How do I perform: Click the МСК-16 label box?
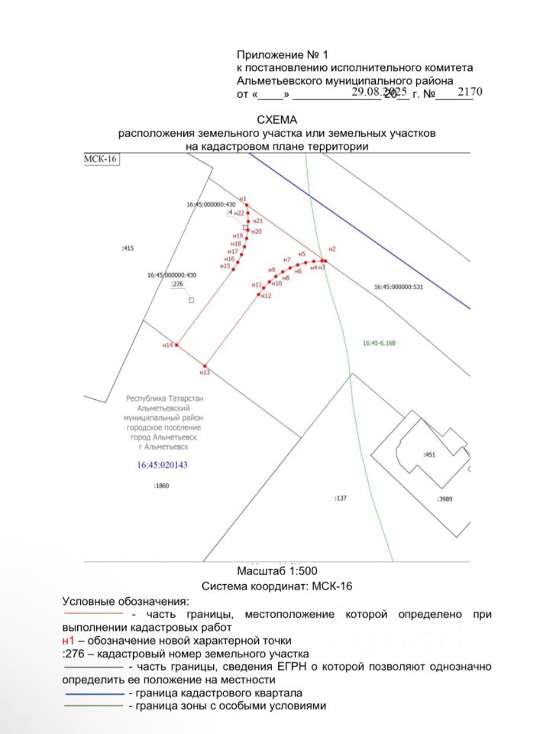101,159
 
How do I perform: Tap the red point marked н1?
247,203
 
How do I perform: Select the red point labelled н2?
325,260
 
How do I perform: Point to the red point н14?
176,345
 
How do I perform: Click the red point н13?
205,365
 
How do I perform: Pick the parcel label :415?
128,248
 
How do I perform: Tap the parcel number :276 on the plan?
177,284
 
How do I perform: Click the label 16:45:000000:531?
398,287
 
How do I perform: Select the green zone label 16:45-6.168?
379,343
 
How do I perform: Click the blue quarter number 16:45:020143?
161,465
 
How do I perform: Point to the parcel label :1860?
160,486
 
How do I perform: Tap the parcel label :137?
341,498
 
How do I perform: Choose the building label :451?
429,454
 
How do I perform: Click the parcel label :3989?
445,499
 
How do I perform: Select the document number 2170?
470,92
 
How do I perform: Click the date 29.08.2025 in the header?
380,92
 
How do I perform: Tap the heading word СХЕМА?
276,120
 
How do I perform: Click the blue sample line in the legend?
93,693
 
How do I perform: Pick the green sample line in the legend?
93,706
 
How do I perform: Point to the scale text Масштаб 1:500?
276,571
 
